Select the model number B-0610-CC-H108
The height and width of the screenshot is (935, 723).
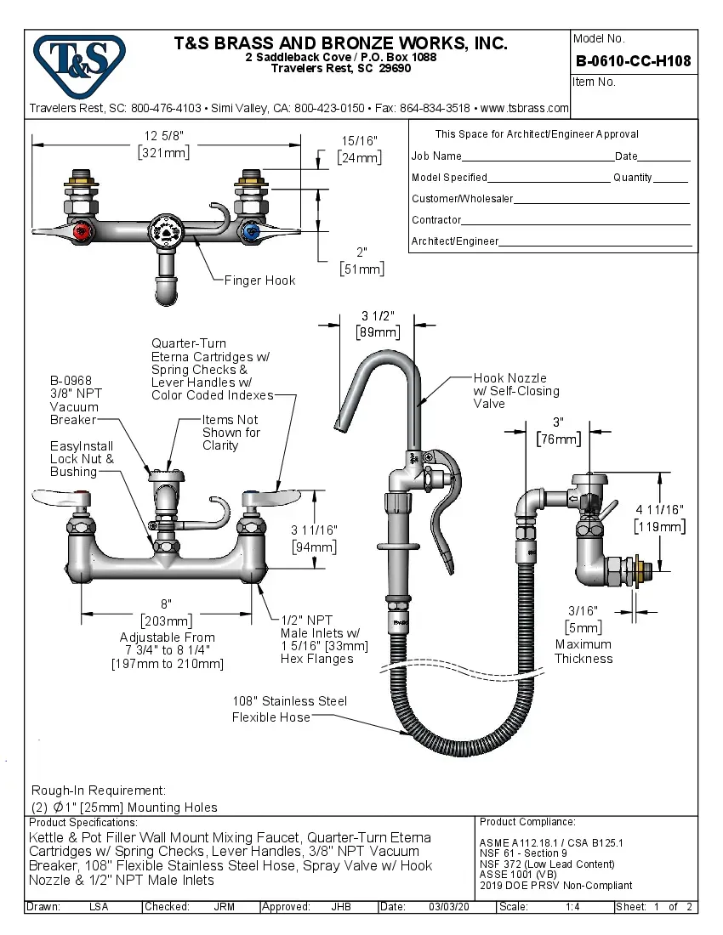click(633, 61)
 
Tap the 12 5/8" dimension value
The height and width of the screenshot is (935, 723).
click(164, 136)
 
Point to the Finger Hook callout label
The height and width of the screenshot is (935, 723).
click(260, 280)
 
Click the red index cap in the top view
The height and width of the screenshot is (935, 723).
click(82, 231)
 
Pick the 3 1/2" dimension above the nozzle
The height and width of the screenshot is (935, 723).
click(377, 317)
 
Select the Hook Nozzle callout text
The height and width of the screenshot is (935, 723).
click(510, 378)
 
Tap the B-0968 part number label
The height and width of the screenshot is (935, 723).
click(71, 381)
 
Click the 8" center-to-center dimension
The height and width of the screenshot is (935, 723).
click(166, 603)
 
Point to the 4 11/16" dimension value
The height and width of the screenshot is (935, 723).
click(659, 509)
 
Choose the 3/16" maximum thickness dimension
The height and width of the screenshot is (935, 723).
click(584, 610)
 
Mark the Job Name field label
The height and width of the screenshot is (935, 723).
click(436, 156)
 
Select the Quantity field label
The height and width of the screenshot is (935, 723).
click(632, 178)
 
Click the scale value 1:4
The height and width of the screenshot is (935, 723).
click(573, 907)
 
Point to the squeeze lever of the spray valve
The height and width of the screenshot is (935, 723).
click(442, 510)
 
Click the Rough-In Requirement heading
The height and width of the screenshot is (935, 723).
click(99, 790)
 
